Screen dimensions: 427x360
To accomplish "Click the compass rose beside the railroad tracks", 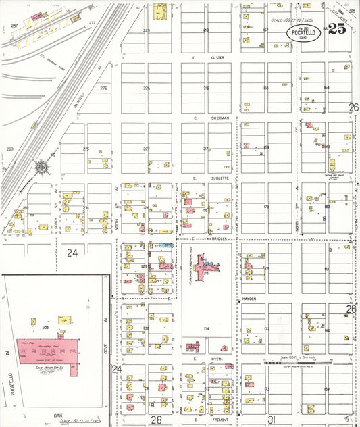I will click(x=41, y=166).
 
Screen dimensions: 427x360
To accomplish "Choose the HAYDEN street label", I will click(x=250, y=298).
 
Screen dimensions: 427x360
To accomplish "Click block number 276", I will click(x=103, y=89).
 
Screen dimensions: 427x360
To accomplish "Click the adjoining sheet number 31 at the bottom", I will click(x=272, y=420).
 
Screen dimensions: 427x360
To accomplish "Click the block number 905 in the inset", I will click(x=45, y=326).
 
